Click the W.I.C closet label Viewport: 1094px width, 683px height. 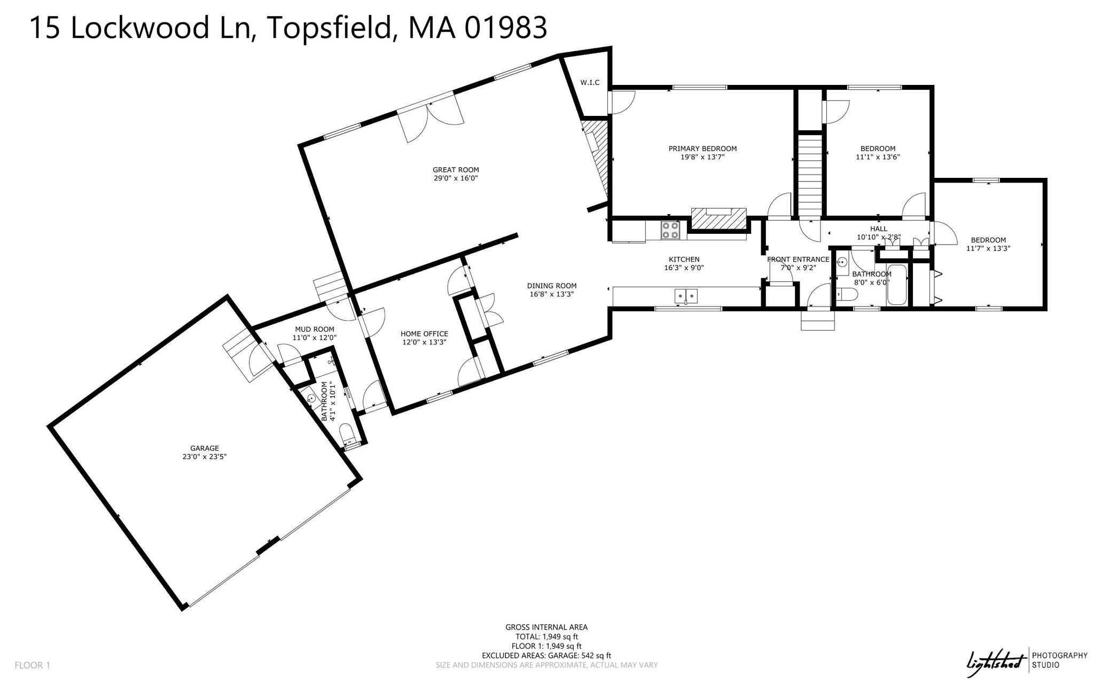pyautogui.click(x=590, y=83)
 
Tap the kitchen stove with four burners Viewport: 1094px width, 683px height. pyautogui.click(x=670, y=230)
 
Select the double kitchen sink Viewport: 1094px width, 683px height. pyautogui.click(x=686, y=295)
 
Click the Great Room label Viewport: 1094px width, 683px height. pyautogui.click(x=456, y=170)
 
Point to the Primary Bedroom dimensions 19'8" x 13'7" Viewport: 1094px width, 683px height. pyautogui.click(x=702, y=157)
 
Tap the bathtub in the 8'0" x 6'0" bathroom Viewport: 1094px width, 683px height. pyautogui.click(x=896, y=285)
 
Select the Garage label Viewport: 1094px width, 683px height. pyautogui.click(x=205, y=448)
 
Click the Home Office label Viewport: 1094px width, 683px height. pyautogui.click(x=424, y=334)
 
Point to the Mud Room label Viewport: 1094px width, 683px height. pyautogui.click(x=315, y=329)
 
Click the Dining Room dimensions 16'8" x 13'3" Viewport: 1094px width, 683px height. pyautogui.click(x=552, y=294)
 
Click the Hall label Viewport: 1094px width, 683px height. pyautogui.click(x=879, y=229)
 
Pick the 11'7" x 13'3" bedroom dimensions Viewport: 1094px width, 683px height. pyautogui.click(x=988, y=248)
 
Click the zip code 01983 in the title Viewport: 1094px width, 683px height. pyautogui.click(x=505, y=28)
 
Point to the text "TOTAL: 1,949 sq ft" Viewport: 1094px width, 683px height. pyautogui.click(x=546, y=637)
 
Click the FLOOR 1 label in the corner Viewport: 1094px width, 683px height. pyautogui.click(x=32, y=665)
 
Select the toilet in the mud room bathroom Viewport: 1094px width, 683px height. pyautogui.click(x=347, y=433)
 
